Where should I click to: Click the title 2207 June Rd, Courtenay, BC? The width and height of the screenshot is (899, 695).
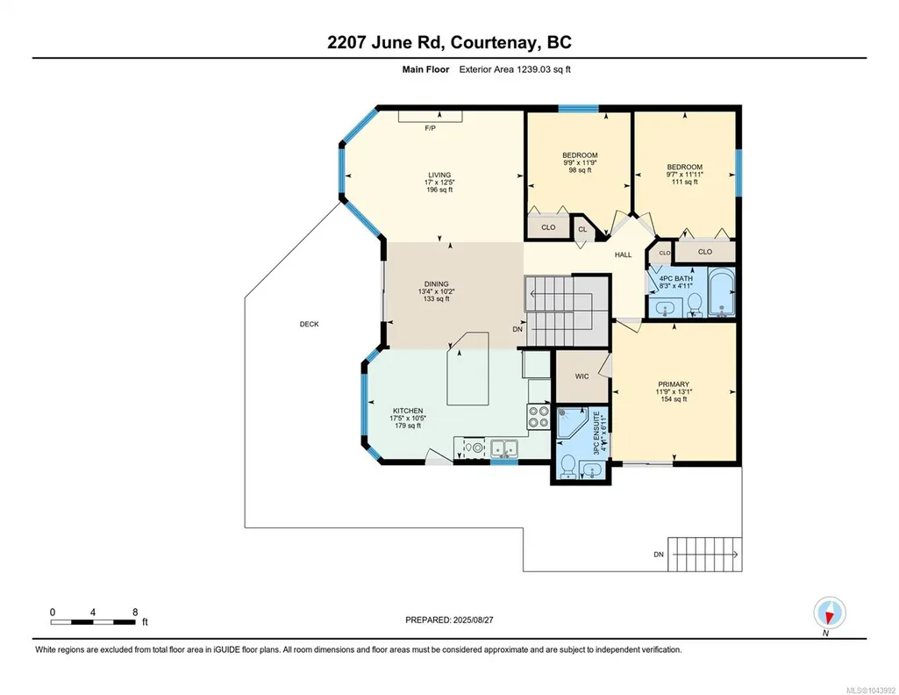(x=449, y=42)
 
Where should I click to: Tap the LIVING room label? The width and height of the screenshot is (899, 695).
(x=439, y=175)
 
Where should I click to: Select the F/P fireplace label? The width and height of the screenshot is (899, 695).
(x=430, y=128)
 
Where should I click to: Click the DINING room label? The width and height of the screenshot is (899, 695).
(x=436, y=283)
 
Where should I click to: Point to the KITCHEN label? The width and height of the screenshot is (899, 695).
(x=408, y=411)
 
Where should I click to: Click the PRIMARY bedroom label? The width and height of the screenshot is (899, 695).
(x=674, y=384)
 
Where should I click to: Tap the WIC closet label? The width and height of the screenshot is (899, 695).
(x=582, y=376)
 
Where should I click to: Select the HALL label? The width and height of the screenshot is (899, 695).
(x=624, y=254)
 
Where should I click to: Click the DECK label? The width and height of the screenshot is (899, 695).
(x=309, y=324)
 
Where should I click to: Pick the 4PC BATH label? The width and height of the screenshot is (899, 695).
(x=676, y=278)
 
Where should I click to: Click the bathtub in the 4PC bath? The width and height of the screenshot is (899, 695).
(x=721, y=292)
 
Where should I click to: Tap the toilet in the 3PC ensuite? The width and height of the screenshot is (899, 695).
(x=567, y=465)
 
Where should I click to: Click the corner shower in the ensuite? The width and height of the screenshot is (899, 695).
(x=573, y=422)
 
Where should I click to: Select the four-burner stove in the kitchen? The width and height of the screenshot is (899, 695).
(x=539, y=417)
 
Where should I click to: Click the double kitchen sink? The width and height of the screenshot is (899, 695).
(x=504, y=448)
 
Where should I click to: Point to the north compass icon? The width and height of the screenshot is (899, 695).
(x=829, y=613)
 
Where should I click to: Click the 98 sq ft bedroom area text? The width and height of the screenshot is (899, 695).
(x=580, y=170)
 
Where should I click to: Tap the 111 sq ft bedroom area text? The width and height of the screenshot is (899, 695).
(x=685, y=182)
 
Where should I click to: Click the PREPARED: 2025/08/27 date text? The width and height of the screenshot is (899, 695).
(x=449, y=620)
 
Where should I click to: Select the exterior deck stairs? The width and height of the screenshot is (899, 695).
(x=704, y=555)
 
